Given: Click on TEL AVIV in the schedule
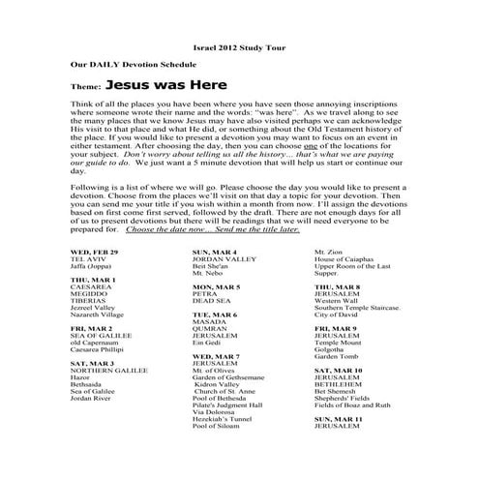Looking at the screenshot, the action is coord(85,259).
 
